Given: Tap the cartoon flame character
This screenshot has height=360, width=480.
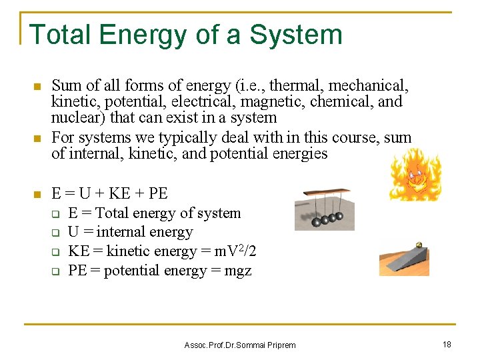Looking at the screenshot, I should pyautogui.click(x=415, y=175).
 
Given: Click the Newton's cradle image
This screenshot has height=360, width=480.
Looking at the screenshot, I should pyautogui.click(x=324, y=209).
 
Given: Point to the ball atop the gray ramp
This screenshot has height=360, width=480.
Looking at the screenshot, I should pyautogui.click(x=419, y=245).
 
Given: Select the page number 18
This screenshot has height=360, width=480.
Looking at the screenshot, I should pyautogui.click(x=446, y=344).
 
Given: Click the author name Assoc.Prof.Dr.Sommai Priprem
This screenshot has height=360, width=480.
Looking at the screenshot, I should pyautogui.click(x=239, y=345).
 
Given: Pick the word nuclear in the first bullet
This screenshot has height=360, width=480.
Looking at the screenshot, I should pyautogui.click(x=74, y=117).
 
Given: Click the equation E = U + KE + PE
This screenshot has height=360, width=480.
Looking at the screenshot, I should pyautogui.click(x=109, y=193).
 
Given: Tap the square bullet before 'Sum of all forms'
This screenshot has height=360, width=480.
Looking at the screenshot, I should pyautogui.click(x=37, y=87).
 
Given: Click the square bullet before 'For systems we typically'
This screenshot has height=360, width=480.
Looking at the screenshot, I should pyautogui.click(x=37, y=139).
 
